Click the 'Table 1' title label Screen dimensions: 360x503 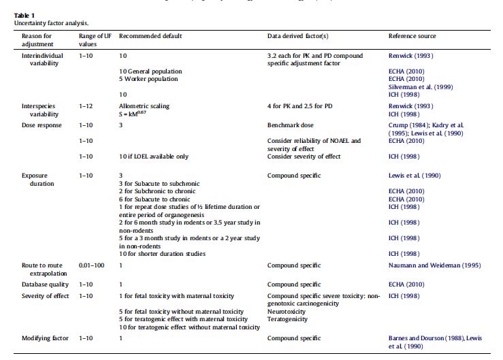click(25, 15)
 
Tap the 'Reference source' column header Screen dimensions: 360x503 click(412, 35)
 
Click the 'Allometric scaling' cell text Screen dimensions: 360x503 click(144, 107)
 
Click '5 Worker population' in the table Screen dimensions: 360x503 click(149, 79)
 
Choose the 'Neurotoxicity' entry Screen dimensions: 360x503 click(287, 311)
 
